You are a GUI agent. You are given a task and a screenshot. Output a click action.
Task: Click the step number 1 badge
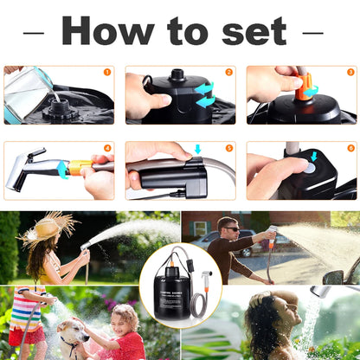(x=107, y=73)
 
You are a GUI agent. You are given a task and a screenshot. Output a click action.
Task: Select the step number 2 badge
(x=228, y=73)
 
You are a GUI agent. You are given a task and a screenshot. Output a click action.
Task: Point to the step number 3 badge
(x=350, y=73)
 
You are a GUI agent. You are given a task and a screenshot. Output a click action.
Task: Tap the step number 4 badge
(x=107, y=148)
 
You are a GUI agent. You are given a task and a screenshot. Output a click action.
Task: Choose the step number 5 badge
(x=228, y=148)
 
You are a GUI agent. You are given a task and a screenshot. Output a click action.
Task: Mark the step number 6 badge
(x=350, y=148)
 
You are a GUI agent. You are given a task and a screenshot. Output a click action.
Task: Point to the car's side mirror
(x=332, y=277)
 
